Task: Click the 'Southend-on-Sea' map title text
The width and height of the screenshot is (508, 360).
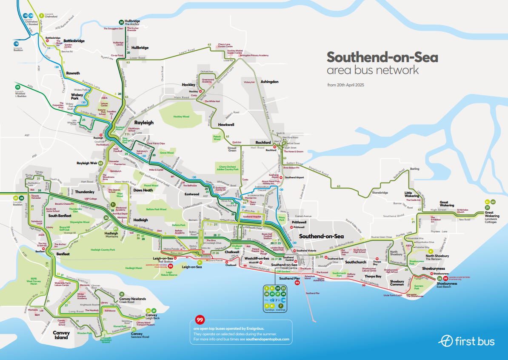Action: [x=382, y=57]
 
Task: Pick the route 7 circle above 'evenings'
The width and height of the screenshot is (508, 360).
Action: [x=280, y=306]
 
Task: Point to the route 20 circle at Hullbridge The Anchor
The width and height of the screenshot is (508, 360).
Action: [x=121, y=22]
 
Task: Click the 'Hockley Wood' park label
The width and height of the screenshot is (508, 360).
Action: [x=181, y=117]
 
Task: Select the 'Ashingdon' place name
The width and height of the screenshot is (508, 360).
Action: [x=269, y=81]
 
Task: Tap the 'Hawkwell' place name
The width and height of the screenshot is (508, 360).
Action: [x=226, y=124]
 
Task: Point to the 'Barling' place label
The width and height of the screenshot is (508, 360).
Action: [x=414, y=169]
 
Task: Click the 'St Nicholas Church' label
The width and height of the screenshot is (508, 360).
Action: [x=463, y=211]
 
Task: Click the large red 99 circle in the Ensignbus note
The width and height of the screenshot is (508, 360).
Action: [x=200, y=320]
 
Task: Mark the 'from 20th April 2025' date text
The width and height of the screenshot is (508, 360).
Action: [x=345, y=85]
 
